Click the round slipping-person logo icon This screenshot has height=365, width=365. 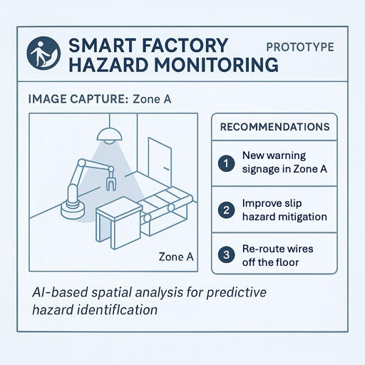tap(43, 54)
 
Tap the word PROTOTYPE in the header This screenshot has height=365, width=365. tap(299, 47)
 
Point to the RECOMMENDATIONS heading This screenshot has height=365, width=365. tap(275, 127)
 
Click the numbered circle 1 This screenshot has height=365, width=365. tap(226, 163)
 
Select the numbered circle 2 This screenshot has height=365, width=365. tap(226, 210)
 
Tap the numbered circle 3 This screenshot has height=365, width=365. tap(226, 255)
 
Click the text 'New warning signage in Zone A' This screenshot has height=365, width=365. tap(284, 163)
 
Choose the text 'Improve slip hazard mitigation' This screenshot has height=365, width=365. tap(284, 210)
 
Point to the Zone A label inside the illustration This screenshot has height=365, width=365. tap(175, 257)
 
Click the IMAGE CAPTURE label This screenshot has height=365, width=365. tap(77, 99)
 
